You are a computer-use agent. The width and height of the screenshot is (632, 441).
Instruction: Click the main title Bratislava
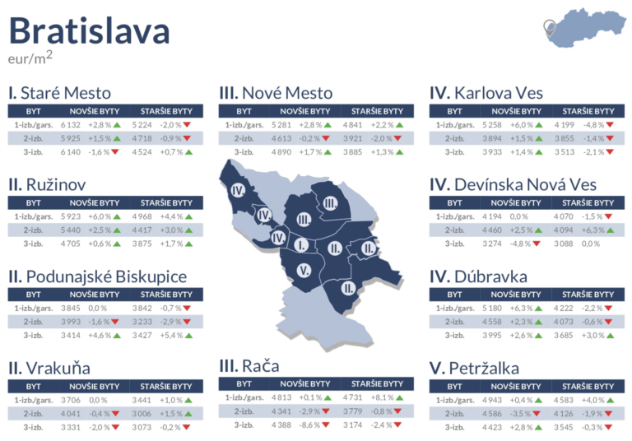(x=89, y=31)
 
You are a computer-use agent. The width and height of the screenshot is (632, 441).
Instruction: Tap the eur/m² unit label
(x=30, y=59)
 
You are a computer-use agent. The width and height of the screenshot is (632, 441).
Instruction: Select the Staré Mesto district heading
(x=59, y=93)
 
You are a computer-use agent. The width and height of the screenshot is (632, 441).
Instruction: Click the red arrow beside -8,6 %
(x=326, y=425)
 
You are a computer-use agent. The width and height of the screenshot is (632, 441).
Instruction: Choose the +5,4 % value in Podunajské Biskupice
(x=168, y=336)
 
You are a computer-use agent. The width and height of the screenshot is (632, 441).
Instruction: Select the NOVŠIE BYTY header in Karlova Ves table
(x=517, y=110)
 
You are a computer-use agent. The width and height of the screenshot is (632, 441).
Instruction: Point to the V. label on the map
(x=303, y=271)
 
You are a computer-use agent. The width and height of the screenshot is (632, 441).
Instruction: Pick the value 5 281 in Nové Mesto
(x=282, y=125)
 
